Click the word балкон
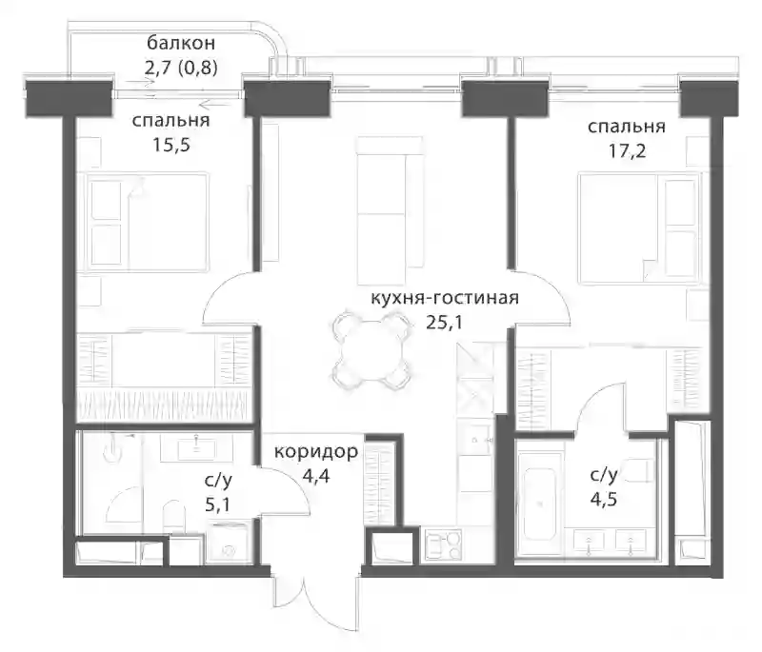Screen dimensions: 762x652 click(x=181, y=44)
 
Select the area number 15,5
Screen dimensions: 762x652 click(x=171, y=145)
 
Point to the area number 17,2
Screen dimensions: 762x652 click(x=627, y=151)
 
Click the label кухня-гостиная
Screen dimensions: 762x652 click(x=445, y=298)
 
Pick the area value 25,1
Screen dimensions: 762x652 click(x=444, y=323)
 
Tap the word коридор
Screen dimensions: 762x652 click(x=316, y=452)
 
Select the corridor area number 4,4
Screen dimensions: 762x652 click(x=316, y=476)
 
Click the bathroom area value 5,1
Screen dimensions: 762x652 click(x=218, y=504)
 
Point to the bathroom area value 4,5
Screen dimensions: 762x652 click(x=604, y=499)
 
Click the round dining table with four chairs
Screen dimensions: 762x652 click(x=370, y=350)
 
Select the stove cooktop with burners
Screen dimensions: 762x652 click(x=443, y=544)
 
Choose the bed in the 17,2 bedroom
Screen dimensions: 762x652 click(x=639, y=228)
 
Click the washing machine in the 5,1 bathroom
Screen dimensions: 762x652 click(x=228, y=543)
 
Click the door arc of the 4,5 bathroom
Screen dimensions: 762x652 click(x=599, y=406)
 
